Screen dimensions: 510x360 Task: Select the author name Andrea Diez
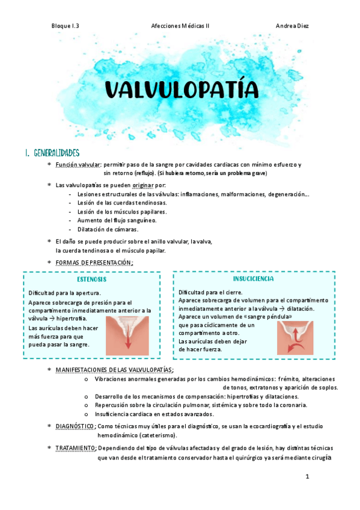tap(292, 26)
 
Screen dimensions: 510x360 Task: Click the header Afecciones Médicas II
tap(180, 26)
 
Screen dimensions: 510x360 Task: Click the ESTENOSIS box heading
tap(92, 280)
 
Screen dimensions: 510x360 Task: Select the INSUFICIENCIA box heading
tap(253, 279)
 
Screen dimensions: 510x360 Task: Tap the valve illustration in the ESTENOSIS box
tap(127, 333)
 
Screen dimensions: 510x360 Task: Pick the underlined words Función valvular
tap(78, 165)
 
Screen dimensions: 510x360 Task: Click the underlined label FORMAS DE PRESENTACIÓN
tap(93, 263)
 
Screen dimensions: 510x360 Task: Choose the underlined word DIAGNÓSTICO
tap(75, 426)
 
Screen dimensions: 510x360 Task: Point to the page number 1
tap(307, 478)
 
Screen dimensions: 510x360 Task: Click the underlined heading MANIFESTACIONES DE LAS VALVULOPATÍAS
tap(114, 370)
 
